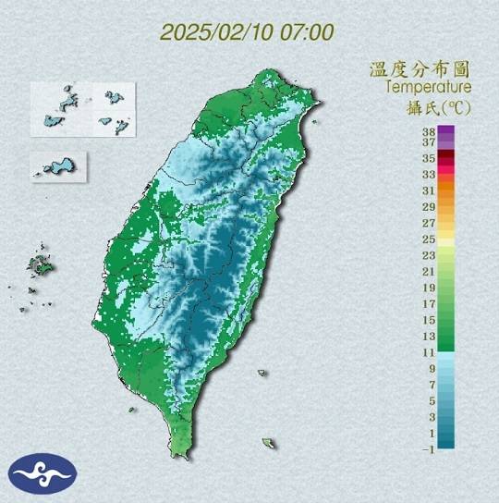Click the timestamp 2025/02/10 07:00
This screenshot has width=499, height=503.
[x=247, y=31]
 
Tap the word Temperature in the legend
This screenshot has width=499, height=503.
[x=429, y=87]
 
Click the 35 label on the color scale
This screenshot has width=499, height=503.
[x=429, y=158]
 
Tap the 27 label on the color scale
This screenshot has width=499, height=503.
[x=429, y=223]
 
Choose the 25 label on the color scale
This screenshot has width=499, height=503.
[x=429, y=239]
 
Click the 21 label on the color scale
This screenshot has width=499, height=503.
[x=429, y=271]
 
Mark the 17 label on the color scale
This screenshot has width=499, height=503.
[x=429, y=303]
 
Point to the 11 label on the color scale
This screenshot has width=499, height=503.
[x=429, y=352]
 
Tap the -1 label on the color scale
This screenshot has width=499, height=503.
[x=428, y=448]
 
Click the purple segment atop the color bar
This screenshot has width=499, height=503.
[x=445, y=135]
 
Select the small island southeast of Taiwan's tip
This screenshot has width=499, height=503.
[x=269, y=444]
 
